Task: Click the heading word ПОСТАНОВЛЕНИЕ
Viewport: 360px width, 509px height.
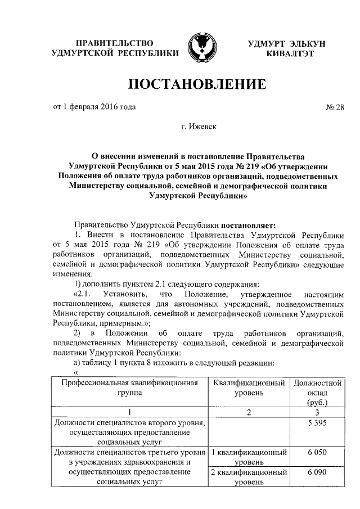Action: coord(197,85)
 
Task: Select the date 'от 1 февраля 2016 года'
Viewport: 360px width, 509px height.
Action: coord(94,106)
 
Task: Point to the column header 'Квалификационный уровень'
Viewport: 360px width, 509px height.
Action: coord(249,388)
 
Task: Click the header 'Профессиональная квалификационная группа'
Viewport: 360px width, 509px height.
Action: coord(129,388)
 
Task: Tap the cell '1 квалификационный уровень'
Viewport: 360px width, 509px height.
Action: coord(249,456)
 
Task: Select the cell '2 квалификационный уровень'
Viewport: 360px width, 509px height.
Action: coord(249,477)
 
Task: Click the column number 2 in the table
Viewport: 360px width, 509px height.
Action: coord(249,412)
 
